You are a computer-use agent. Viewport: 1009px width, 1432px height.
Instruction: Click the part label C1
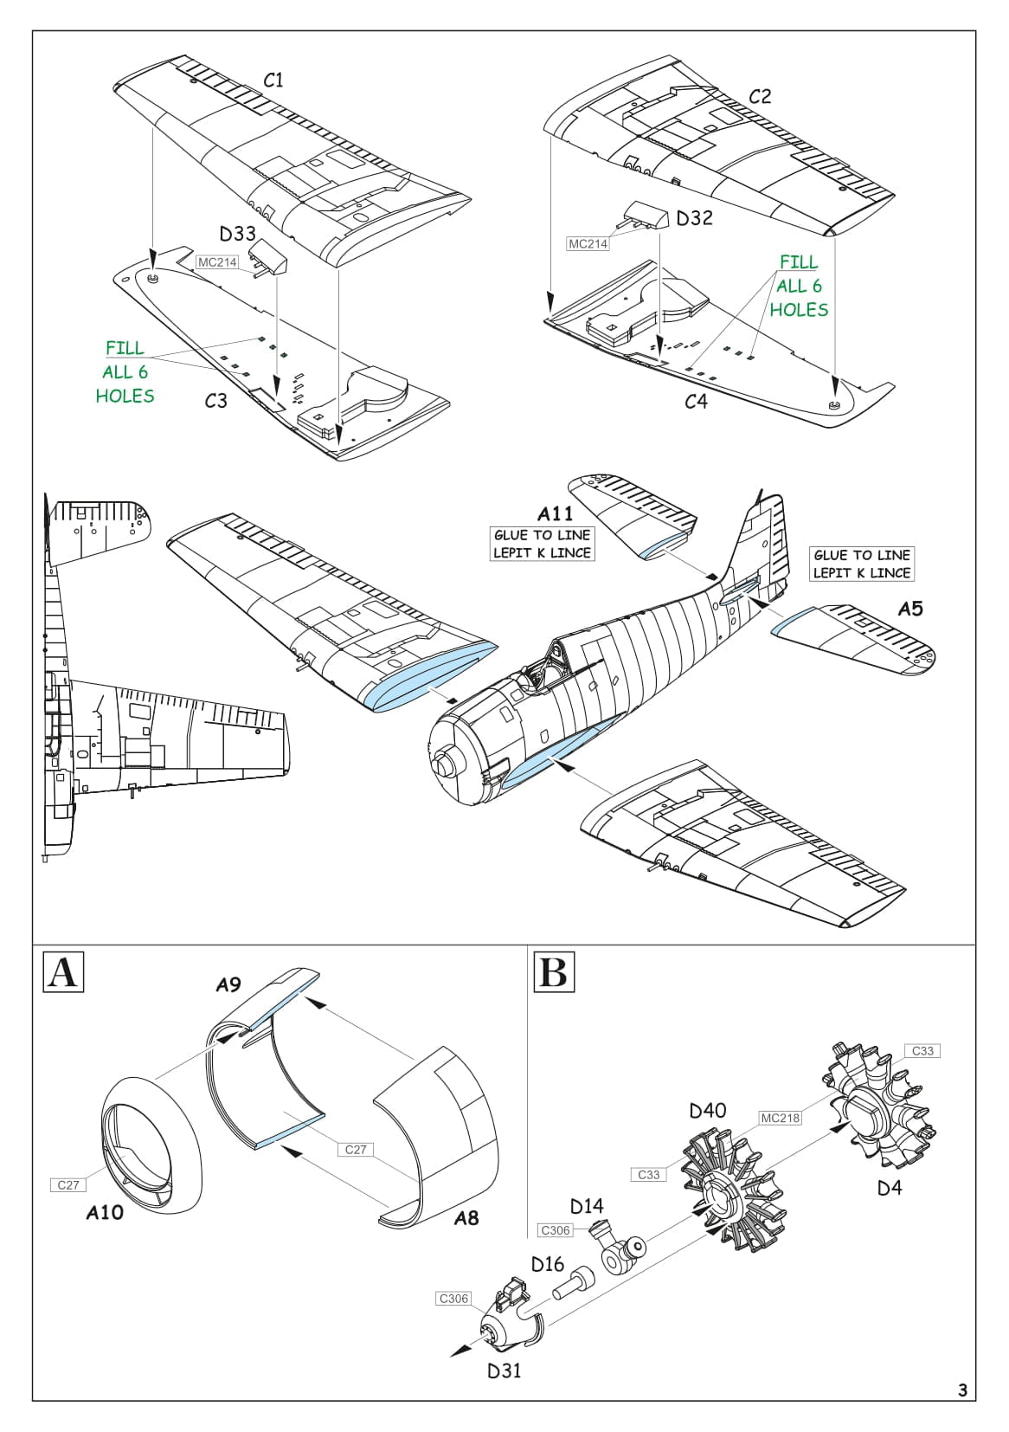coord(273,81)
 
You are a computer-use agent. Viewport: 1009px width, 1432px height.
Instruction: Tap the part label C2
coord(759,96)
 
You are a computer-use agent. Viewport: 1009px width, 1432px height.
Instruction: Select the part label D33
coord(237,234)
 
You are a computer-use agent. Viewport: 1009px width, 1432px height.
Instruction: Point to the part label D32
coord(694,218)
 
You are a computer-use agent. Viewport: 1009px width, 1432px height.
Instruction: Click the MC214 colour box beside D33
coord(217,262)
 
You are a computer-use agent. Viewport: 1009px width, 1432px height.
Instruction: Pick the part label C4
coord(696,401)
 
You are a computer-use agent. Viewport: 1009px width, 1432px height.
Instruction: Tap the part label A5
coord(910,609)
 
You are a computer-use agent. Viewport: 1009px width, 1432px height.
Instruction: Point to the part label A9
coord(228,984)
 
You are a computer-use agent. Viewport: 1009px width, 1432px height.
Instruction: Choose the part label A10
coord(105,1213)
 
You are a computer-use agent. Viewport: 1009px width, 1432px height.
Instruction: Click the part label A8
coord(466,1218)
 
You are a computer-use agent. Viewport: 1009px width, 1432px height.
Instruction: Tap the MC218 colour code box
coord(781,1118)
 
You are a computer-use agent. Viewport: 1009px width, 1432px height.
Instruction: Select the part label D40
coord(708,1110)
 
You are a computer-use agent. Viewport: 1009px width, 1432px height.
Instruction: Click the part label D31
coord(504,1371)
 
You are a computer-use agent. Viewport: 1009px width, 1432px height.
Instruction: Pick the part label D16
coord(548,1264)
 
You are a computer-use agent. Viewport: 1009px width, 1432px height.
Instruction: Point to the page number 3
coord(962,1391)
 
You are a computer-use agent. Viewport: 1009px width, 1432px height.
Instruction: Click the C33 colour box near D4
coord(923,1051)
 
